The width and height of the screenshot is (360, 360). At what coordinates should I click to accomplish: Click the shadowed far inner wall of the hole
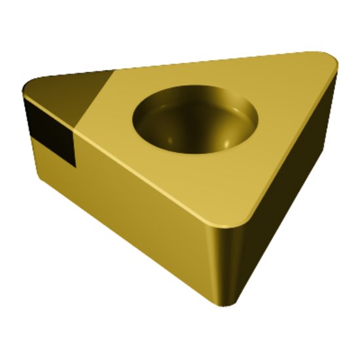pos(196,105)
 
